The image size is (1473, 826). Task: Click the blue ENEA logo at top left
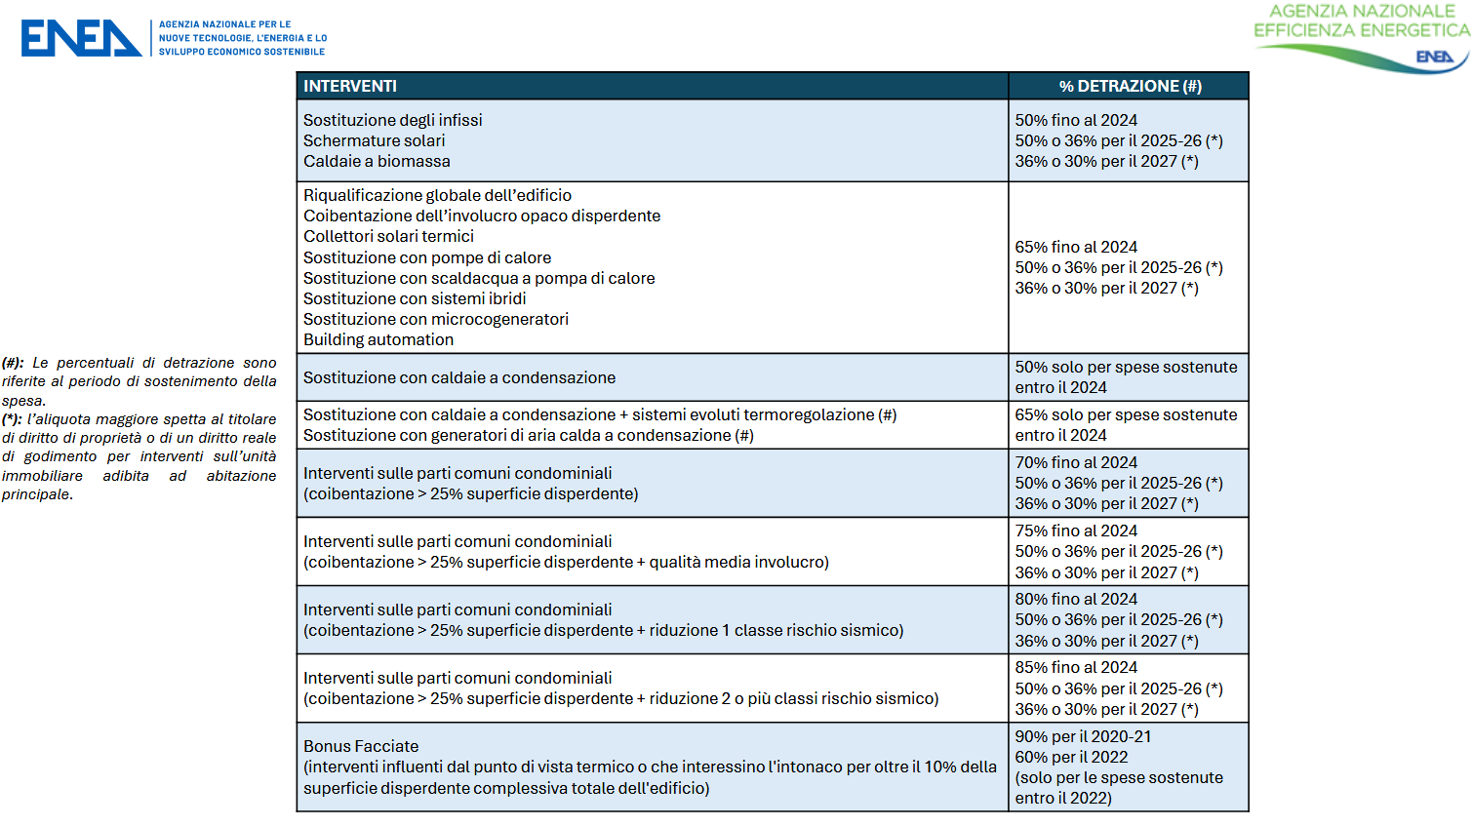[81, 38]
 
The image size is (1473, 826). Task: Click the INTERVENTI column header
[350, 86]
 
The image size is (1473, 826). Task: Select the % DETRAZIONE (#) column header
[1130, 86]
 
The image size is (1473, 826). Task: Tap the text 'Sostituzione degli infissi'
[392, 120]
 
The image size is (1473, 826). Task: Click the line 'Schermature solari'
[374, 140]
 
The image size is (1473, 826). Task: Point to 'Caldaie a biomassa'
[377, 161]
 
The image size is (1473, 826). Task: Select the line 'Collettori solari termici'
[388, 236]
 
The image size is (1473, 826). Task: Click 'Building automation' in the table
[378, 339]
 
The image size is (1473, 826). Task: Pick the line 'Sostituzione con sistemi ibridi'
[415, 298]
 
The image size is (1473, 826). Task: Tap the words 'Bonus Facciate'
[361, 746]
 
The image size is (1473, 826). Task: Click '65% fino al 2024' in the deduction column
[1076, 247]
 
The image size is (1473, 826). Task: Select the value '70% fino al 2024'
[1076, 462]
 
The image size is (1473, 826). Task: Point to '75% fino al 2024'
[1076, 531]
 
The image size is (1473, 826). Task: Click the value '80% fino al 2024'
[1076, 599]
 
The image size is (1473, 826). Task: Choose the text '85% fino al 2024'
[1076, 667]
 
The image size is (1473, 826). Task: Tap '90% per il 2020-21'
[1083, 736]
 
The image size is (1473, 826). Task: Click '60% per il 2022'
[1071, 757]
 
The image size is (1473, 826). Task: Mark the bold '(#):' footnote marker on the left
[14, 363]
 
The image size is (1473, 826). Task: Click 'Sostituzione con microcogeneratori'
[435, 319]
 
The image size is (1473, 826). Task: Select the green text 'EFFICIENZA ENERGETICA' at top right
[1361, 30]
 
